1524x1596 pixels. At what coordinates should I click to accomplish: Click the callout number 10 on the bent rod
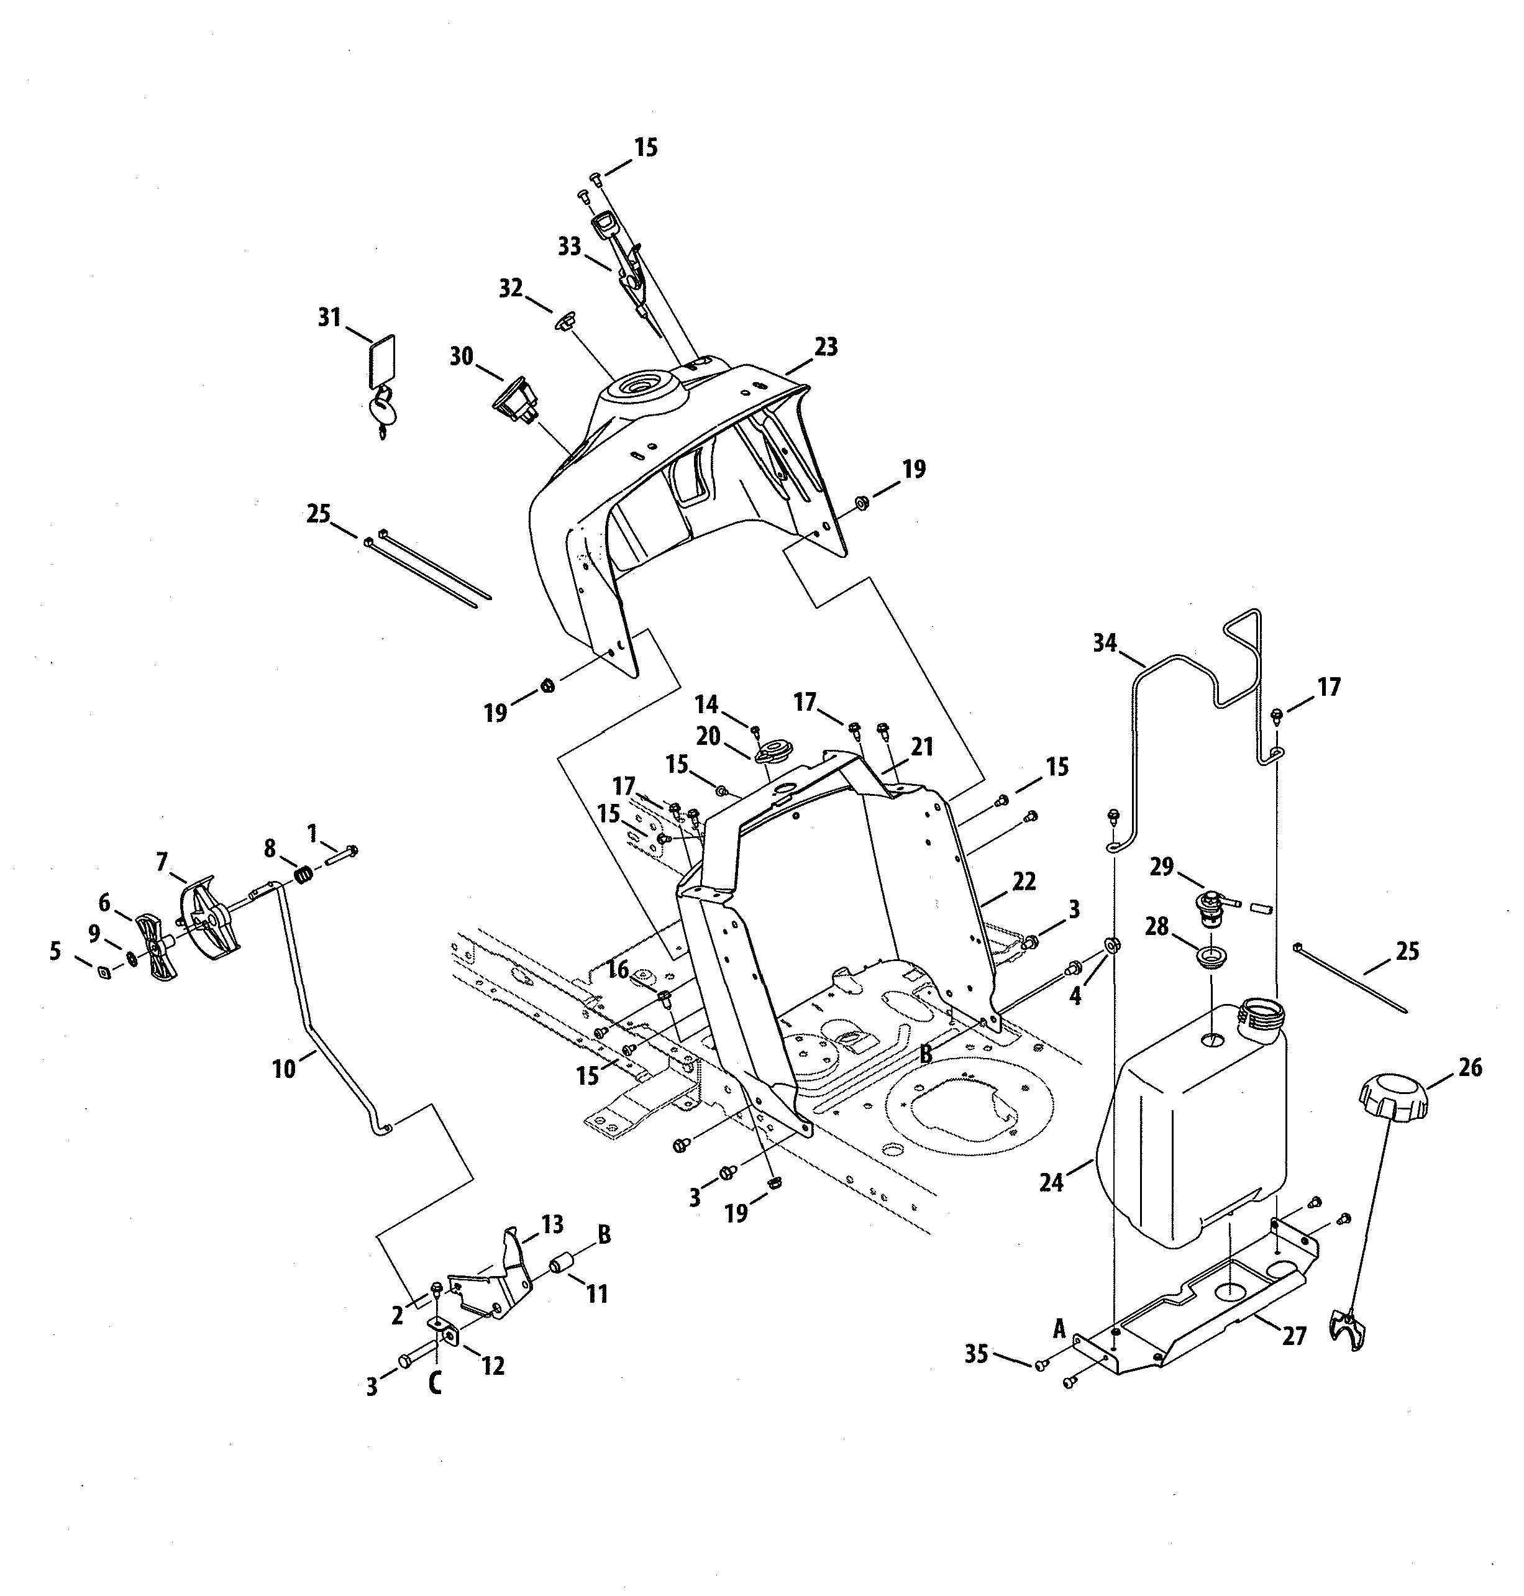click(283, 1069)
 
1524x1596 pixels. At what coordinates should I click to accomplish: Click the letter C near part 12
click(436, 1383)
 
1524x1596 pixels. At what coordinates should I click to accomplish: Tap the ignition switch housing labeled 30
click(514, 399)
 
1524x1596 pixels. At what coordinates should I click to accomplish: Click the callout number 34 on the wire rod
click(1105, 643)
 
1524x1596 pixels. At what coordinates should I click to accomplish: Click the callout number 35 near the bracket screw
click(975, 1354)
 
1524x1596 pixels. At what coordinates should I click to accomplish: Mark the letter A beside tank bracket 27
click(1059, 1329)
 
